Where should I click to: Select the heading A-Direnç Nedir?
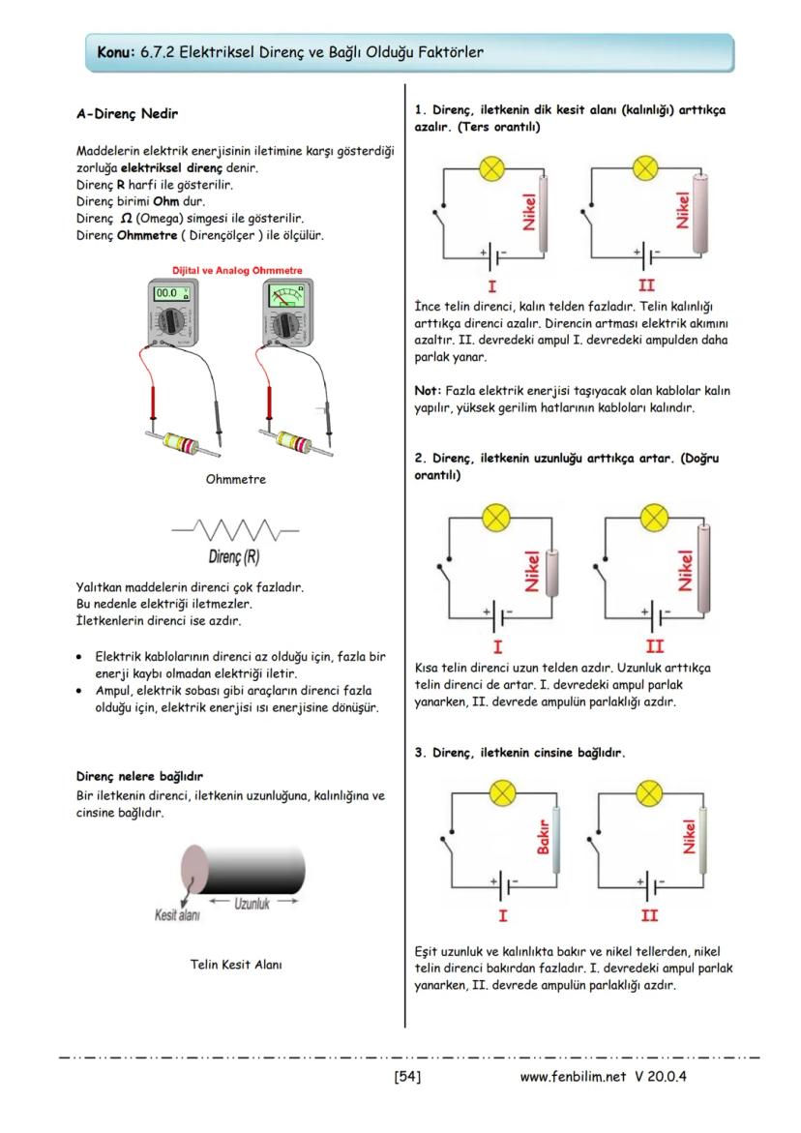point(126,113)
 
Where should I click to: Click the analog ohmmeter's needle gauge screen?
point(283,294)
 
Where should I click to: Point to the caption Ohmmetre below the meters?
point(236,478)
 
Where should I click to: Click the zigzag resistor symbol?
point(235,530)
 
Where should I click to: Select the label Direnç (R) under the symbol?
point(233,557)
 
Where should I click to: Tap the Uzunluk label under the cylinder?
point(252,903)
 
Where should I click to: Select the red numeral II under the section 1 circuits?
point(647,286)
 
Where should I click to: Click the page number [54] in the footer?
point(407,1075)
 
